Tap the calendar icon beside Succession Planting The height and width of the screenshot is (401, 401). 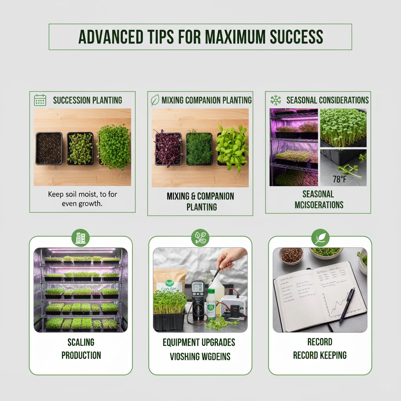(40, 100)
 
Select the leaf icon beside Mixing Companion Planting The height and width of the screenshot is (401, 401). (155, 100)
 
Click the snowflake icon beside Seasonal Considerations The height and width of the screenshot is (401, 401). (276, 100)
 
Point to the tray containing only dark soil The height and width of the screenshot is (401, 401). (49, 148)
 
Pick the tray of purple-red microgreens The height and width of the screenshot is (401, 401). (168, 149)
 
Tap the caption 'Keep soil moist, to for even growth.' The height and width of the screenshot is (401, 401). (82, 199)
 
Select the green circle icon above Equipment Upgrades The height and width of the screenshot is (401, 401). (200, 237)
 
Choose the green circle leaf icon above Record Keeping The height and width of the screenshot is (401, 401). (320, 237)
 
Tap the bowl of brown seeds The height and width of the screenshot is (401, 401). (291, 255)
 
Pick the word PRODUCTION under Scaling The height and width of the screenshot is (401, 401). (81, 356)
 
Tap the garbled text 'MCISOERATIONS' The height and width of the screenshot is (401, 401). (319, 204)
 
